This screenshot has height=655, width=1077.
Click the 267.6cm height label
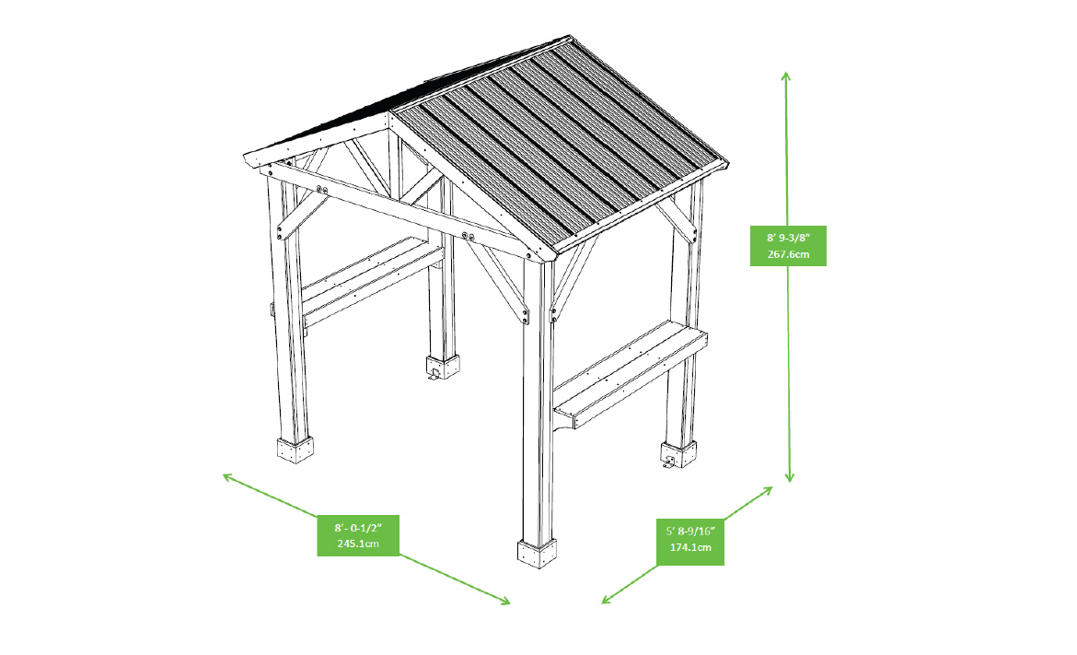coord(789,253)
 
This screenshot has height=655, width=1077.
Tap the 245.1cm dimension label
coord(358,543)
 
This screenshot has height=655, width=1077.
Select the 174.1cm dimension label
coord(690,547)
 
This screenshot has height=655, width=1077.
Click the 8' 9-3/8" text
coord(789,238)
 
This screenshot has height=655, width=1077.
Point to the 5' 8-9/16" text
coord(690,531)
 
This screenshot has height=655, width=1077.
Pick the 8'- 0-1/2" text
coord(358,527)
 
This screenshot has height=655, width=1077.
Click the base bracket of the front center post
coord(538,554)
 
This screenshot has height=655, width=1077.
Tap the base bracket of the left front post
coord(295,450)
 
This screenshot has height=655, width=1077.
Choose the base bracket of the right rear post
coord(678,455)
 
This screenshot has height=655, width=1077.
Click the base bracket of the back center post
coord(443,367)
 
